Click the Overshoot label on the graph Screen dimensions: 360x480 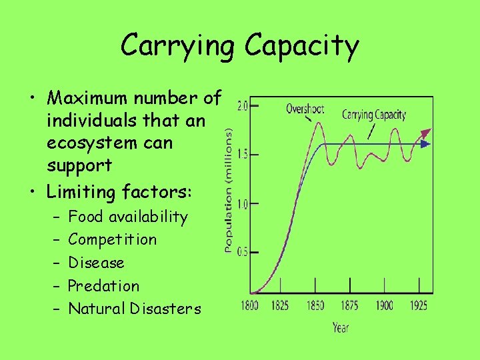306,109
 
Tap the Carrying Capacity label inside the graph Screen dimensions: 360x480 374,115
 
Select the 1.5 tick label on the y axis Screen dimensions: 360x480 242,155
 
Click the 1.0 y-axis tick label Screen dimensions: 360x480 242,204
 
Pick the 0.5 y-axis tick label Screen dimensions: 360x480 242,252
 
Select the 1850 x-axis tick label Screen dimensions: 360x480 315,306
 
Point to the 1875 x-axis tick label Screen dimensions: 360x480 350,306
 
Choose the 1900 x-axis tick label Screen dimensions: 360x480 384,306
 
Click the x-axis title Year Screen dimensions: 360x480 340,327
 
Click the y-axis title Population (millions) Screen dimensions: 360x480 229,190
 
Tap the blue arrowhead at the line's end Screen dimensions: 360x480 427,144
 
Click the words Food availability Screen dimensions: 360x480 128,217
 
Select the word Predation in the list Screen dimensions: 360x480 104,286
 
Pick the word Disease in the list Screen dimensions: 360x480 97,263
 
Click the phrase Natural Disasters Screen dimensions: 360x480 135,309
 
